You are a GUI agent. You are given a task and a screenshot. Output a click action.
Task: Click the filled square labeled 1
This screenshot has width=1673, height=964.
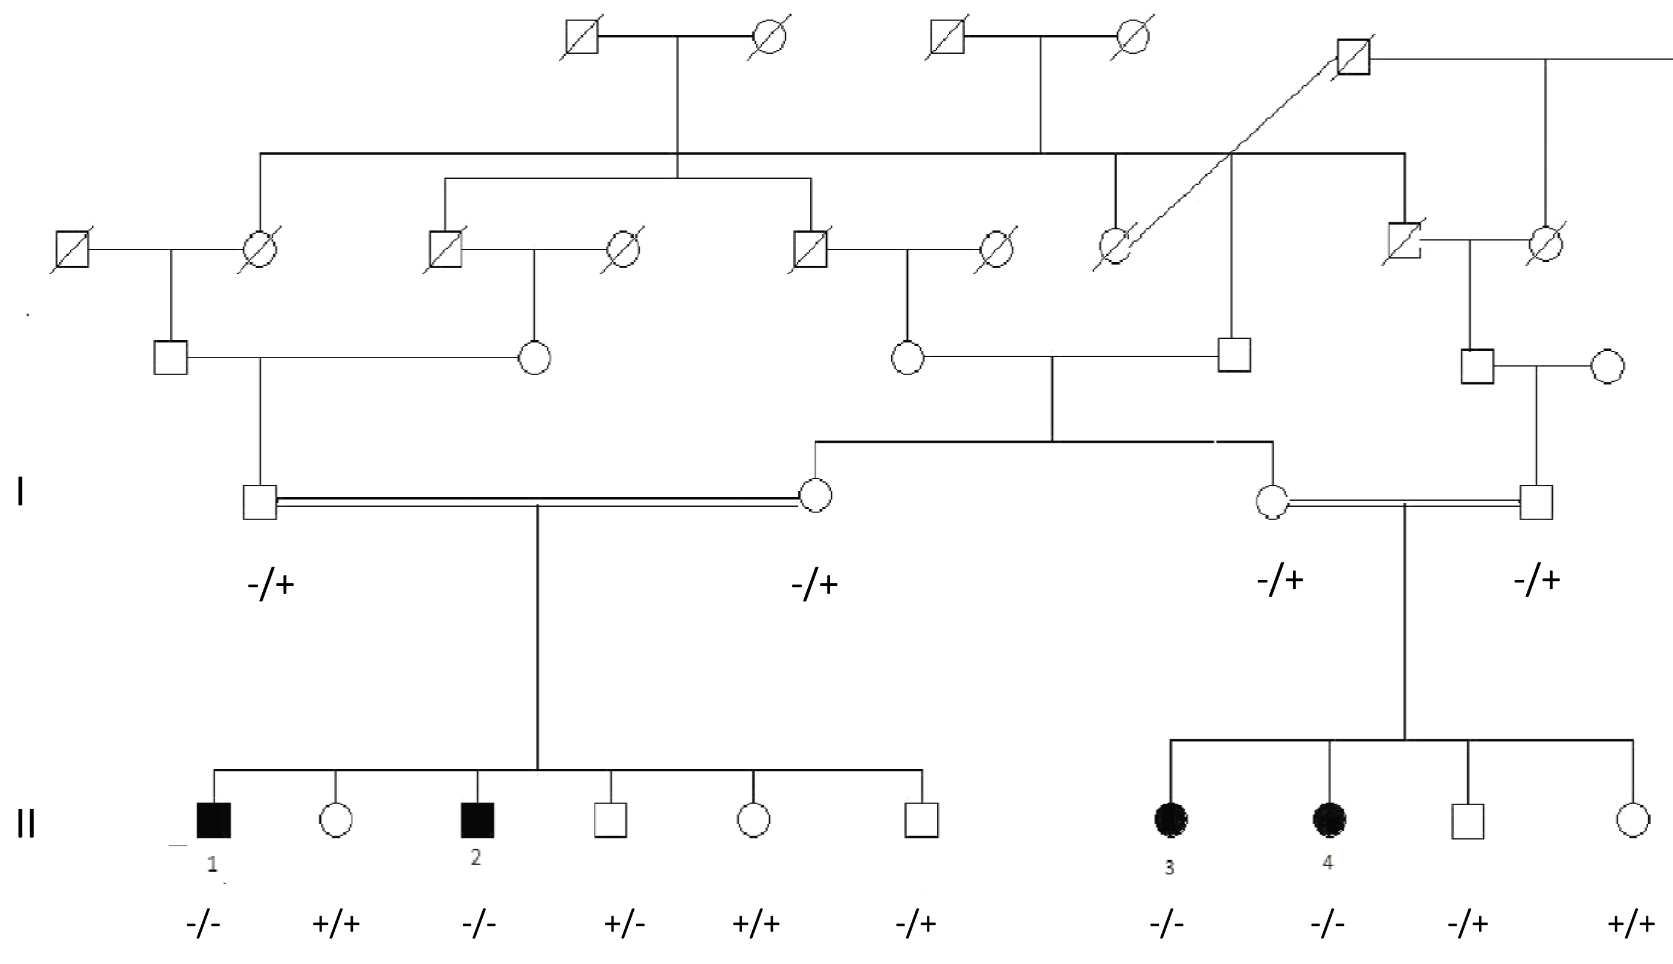pyautogui.click(x=213, y=820)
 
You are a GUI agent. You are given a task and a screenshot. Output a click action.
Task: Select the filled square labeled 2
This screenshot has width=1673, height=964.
pyautogui.click(x=477, y=820)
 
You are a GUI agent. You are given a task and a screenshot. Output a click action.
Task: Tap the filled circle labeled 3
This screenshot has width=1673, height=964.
pyautogui.click(x=1170, y=820)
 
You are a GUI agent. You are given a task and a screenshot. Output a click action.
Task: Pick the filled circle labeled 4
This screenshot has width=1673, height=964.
pyautogui.click(x=1329, y=820)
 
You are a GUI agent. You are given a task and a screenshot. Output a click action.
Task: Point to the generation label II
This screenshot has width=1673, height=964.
pyautogui.click(x=25, y=824)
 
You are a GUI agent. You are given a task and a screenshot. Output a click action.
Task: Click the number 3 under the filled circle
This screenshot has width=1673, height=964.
pyautogui.click(x=1169, y=867)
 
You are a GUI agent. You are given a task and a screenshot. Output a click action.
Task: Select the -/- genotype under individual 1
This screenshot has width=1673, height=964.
pyautogui.click(x=204, y=924)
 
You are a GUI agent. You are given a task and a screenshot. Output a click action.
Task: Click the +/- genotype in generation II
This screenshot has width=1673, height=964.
pyautogui.click(x=624, y=924)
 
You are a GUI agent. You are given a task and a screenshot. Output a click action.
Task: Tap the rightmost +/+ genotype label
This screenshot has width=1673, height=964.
pyautogui.click(x=1631, y=924)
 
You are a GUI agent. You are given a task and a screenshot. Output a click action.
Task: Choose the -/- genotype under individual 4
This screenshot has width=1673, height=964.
pyautogui.click(x=1327, y=924)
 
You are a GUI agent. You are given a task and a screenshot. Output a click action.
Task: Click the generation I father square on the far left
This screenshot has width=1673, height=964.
pyautogui.click(x=260, y=502)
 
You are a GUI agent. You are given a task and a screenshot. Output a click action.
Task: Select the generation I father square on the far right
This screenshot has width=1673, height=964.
pyautogui.click(x=1536, y=502)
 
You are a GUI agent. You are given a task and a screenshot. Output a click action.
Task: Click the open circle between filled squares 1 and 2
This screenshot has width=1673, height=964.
pyautogui.click(x=336, y=820)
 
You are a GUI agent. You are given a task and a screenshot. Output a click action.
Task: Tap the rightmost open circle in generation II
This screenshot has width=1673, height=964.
pyautogui.click(x=1633, y=820)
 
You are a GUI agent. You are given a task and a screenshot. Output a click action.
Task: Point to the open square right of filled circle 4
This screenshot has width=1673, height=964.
pyautogui.click(x=1468, y=821)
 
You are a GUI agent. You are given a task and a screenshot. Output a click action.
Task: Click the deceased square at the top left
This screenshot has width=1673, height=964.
pyautogui.click(x=581, y=36)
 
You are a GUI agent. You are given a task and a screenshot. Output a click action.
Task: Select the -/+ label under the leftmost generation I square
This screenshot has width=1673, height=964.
pyautogui.click(x=271, y=585)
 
